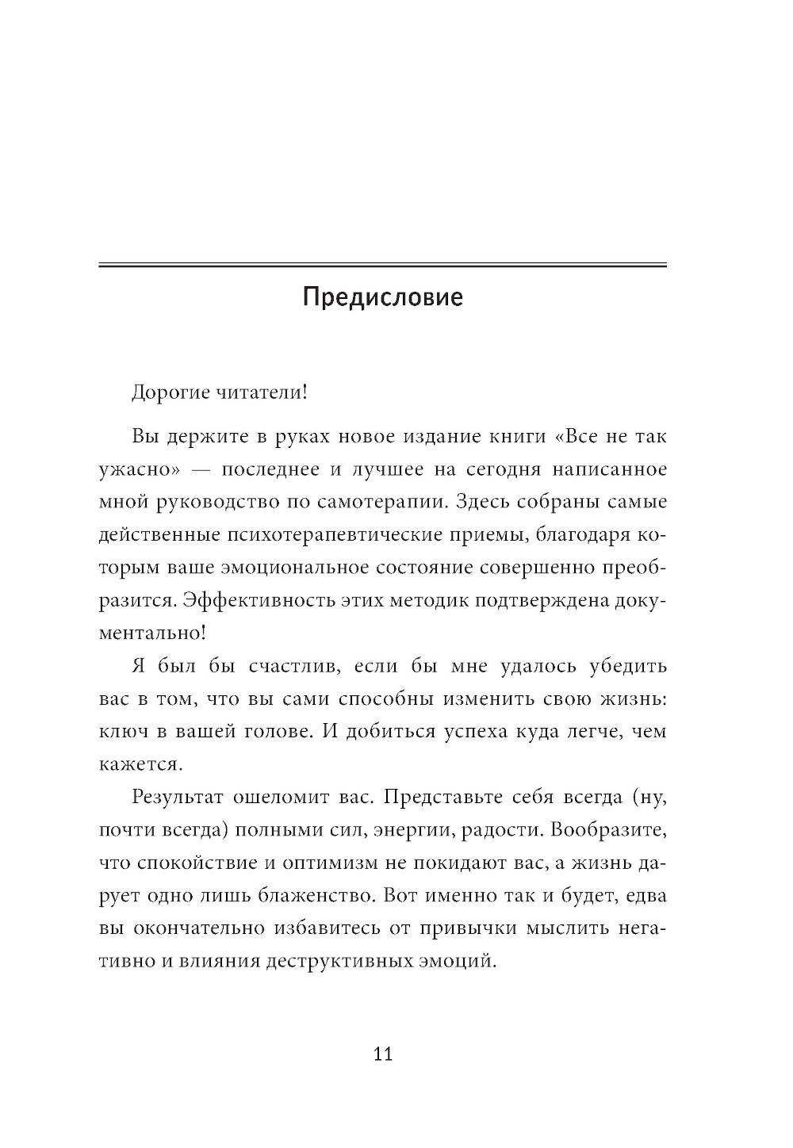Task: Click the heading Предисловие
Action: (382, 299)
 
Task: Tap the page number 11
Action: (382, 1054)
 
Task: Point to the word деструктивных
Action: (339, 962)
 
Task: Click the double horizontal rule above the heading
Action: (382, 265)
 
